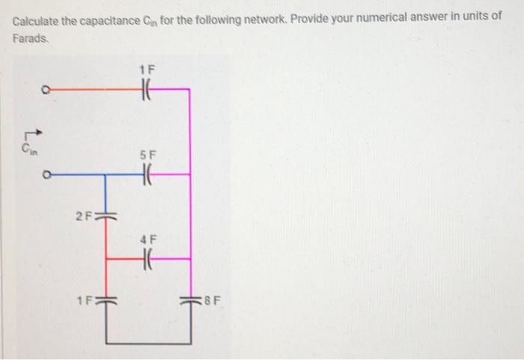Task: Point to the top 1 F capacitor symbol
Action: coord(147,88)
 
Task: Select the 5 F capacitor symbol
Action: coord(147,174)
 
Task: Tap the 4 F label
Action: coord(146,240)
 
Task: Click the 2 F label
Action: coord(83,217)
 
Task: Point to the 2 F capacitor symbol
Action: coord(105,217)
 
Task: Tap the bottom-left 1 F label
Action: coord(83,302)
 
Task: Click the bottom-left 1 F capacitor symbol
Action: coord(105,302)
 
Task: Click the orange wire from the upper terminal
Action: coord(90,88)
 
